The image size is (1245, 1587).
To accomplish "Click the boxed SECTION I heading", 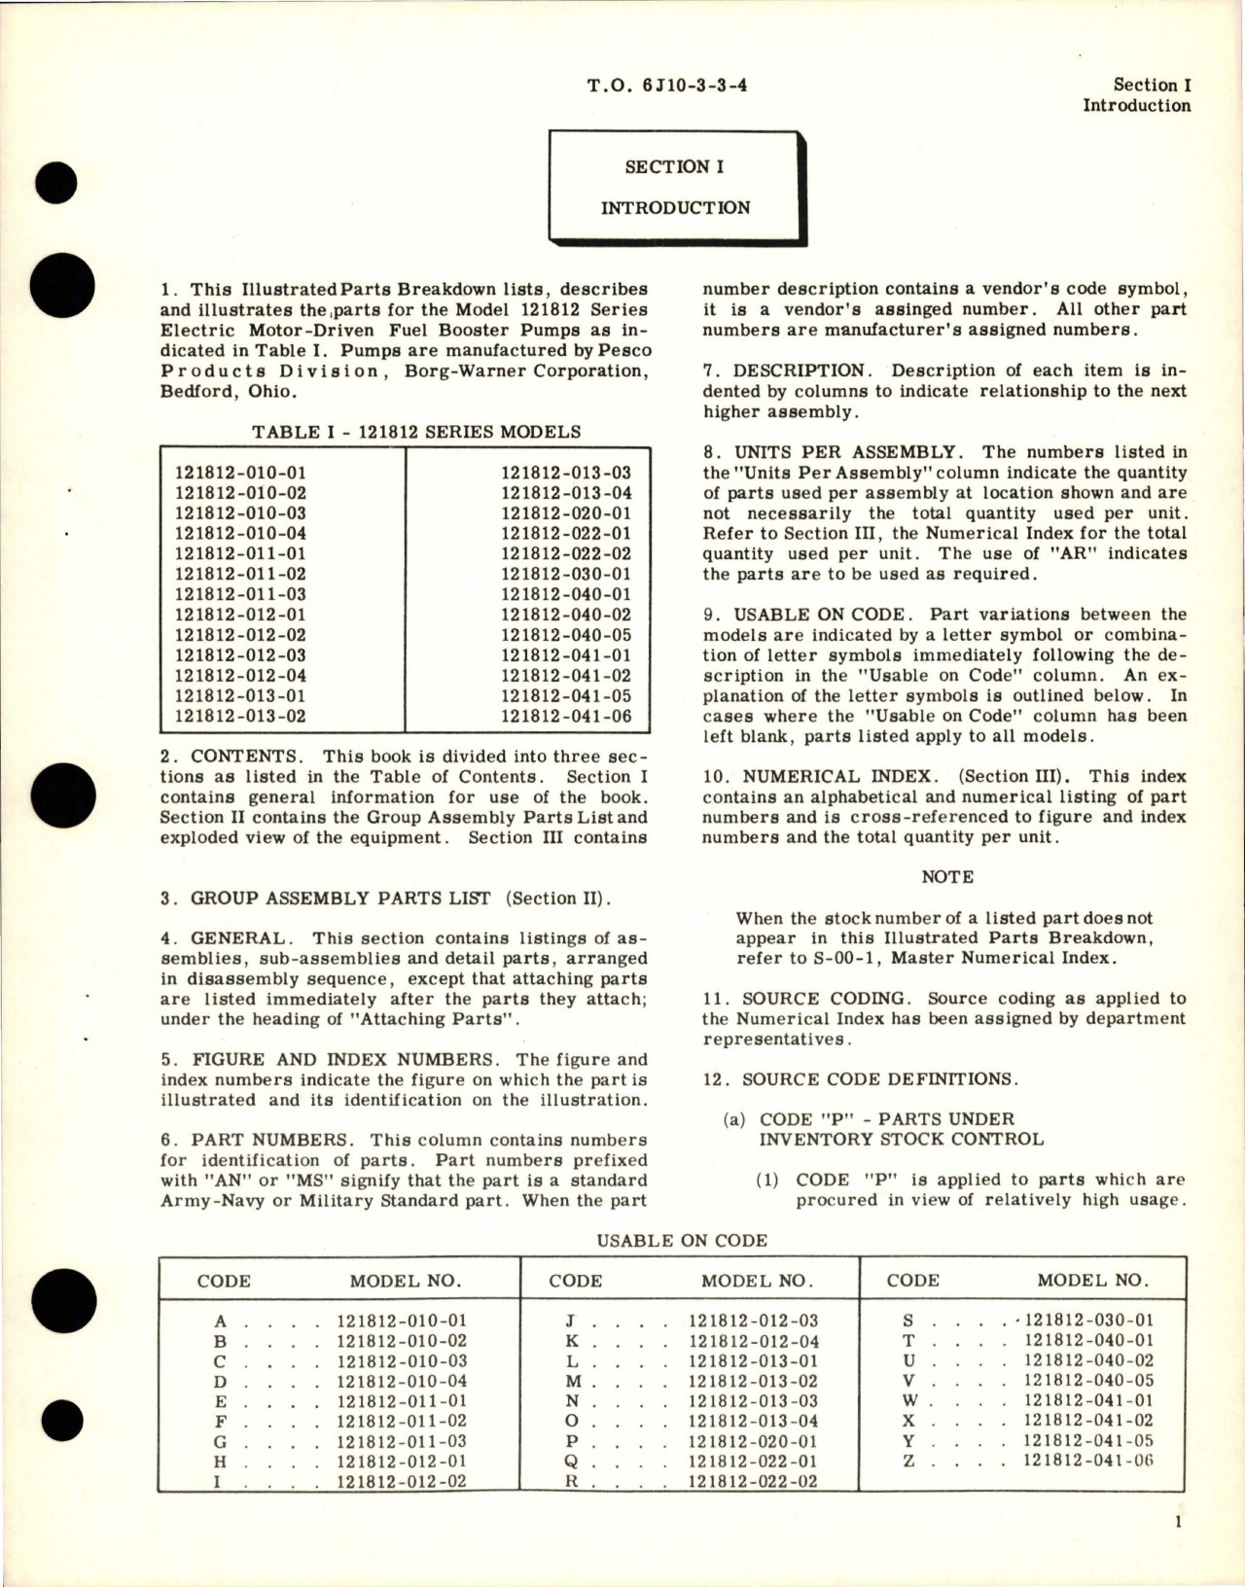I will click(674, 166).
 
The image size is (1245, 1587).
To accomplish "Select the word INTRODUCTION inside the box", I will click(674, 207).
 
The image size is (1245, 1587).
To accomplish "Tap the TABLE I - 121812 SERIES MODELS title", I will click(416, 432).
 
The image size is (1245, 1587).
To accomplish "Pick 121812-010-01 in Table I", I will click(240, 473).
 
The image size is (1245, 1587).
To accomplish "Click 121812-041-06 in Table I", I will click(566, 717).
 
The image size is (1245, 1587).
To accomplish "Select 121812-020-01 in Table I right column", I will click(566, 512).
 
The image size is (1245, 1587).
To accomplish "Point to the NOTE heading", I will click(946, 876).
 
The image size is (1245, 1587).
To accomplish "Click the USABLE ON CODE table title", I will click(682, 1240).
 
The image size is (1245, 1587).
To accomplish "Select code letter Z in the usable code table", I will click(909, 1462).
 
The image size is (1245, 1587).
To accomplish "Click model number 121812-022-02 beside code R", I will click(753, 1482).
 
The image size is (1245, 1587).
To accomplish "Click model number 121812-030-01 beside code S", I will click(1088, 1321).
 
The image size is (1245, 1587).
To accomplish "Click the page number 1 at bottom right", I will click(1178, 1524).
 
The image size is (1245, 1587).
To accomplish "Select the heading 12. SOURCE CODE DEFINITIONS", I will click(860, 1079).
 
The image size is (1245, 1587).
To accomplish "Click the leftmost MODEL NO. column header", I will click(406, 1281).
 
